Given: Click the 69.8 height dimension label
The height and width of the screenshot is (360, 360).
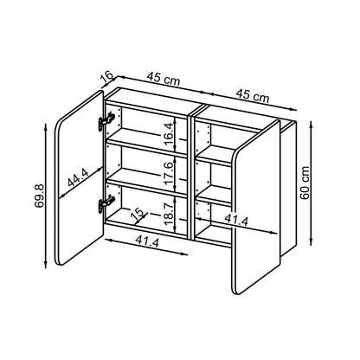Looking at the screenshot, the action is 39,196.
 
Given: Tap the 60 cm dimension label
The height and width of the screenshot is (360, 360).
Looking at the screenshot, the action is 305,183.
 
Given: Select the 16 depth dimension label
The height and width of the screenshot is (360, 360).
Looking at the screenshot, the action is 107,76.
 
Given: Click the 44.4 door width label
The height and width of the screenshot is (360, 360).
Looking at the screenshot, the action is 79,177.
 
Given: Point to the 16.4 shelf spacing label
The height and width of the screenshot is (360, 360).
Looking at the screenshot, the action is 170,133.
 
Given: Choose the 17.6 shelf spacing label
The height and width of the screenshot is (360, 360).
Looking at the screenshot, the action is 170,173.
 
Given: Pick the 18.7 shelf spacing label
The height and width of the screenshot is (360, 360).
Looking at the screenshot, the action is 170,214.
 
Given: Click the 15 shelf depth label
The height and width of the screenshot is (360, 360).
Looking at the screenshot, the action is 138,213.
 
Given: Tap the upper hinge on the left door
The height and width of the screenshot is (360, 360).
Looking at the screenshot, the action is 106,121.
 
